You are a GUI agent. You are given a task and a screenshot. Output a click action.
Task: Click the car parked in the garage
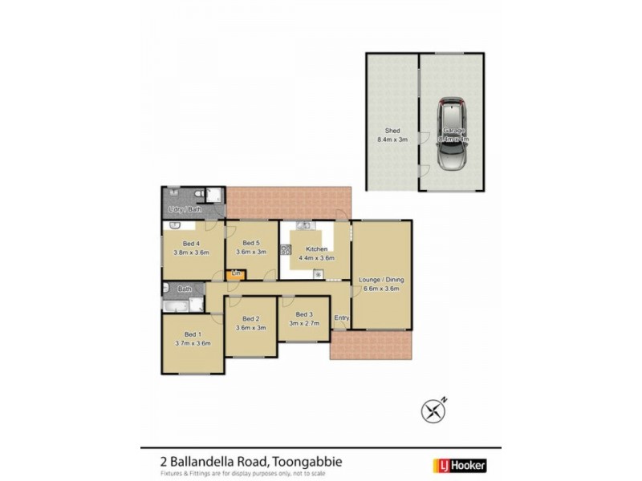[453, 134]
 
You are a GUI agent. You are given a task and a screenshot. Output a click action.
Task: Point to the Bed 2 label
[250, 318]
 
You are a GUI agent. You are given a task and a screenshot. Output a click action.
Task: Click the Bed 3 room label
[303, 314]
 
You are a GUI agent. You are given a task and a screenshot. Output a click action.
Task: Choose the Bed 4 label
[191, 244]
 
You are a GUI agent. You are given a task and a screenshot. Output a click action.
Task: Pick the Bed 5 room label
[250, 243]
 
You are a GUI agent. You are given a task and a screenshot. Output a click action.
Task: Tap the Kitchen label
[316, 249]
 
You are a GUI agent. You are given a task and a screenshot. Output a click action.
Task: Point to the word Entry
[341, 318]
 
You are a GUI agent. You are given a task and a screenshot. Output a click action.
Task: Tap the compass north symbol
[433, 410]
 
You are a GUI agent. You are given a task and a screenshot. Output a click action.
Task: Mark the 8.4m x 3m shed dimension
[392, 139]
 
